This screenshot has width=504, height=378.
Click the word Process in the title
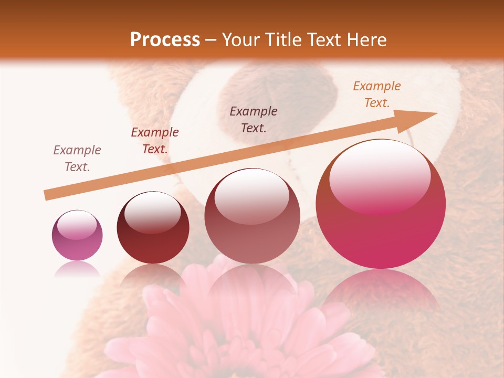tap(165, 40)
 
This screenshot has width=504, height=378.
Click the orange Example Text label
tap(376, 94)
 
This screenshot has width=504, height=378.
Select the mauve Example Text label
tap(77, 159)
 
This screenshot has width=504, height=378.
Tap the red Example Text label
tap(155, 141)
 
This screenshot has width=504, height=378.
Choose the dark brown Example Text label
tap(254, 120)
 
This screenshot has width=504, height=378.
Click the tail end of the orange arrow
tap(49, 194)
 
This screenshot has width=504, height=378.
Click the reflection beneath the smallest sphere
tap(77, 269)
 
